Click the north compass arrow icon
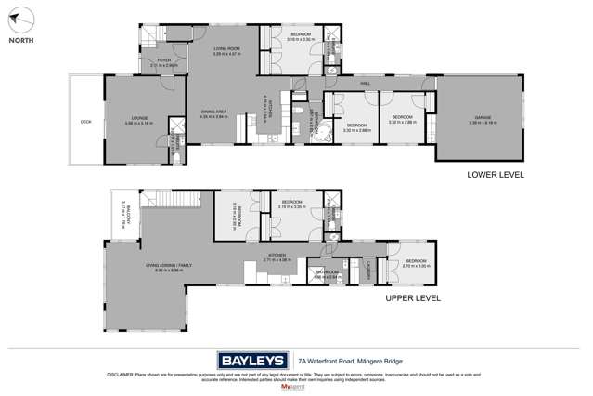(22, 19)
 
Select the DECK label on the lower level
(85, 122)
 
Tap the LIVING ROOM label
(226, 49)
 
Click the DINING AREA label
(214, 112)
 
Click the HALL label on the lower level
(366, 83)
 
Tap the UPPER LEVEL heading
(413, 298)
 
